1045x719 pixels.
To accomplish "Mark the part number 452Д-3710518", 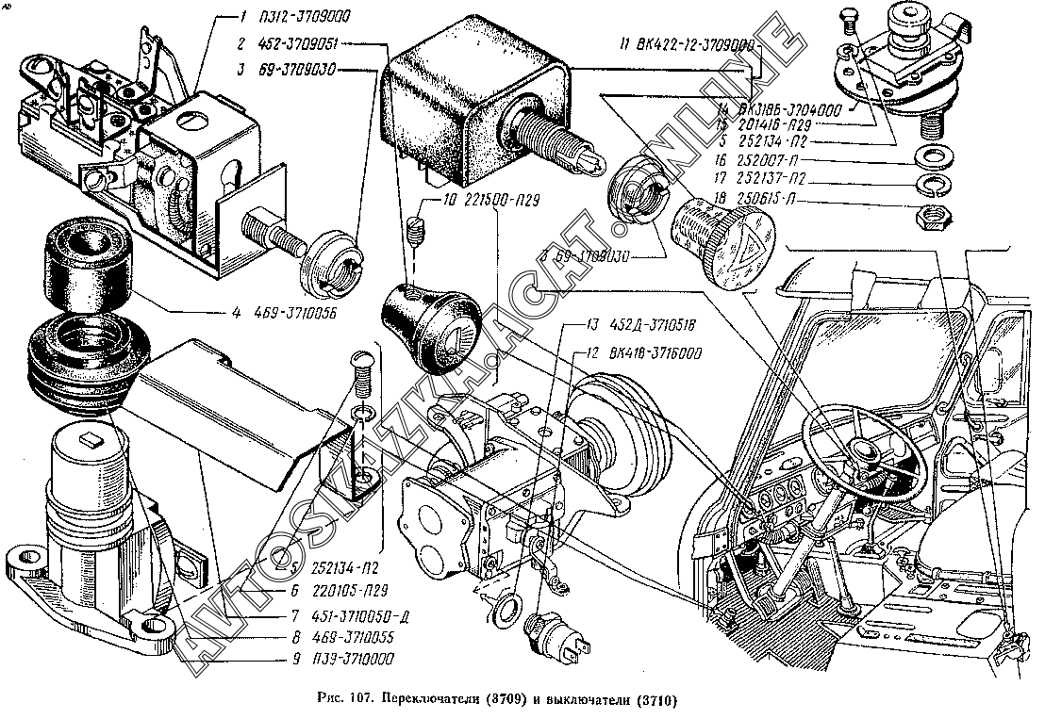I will (x=648, y=327).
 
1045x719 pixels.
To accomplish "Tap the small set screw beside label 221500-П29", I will (x=418, y=229).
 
